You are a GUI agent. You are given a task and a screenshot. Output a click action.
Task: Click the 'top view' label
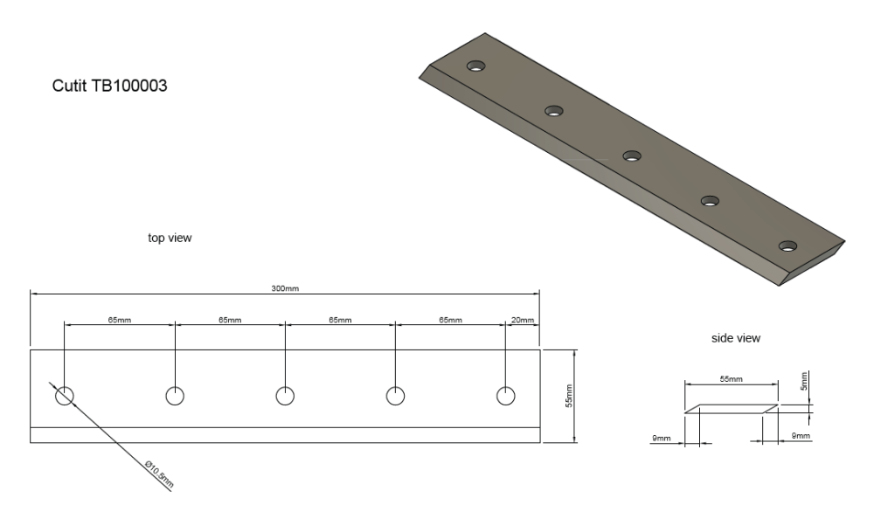[170, 238]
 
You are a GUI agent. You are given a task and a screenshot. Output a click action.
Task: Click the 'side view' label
[736, 337]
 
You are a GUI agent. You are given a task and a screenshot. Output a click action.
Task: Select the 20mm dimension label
[522, 321]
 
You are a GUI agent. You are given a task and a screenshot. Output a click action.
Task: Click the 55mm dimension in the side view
[731, 379]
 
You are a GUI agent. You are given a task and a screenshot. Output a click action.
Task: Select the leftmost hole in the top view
[65, 396]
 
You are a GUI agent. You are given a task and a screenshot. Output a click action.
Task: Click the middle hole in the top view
[285, 396]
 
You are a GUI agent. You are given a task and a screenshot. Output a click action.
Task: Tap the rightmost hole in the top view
[506, 396]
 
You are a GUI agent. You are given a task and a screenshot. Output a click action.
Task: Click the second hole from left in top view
[175, 396]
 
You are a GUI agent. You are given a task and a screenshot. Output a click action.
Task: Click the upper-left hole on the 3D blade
[475, 66]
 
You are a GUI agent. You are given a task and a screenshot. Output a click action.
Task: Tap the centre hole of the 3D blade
[632, 156]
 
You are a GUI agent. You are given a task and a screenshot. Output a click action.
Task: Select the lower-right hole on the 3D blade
[788, 246]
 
